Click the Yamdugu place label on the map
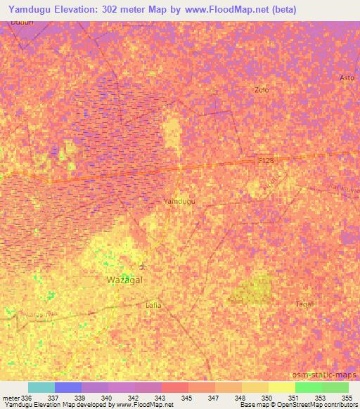tap(179, 202)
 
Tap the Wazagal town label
tap(124, 280)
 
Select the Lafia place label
tap(153, 305)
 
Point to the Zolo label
tap(262, 90)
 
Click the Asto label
tap(347, 77)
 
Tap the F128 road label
tap(266, 161)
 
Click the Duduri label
tap(21, 22)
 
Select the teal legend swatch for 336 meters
tap(41, 387)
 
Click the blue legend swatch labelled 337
tap(67, 387)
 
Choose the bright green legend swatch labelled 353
tap(309, 387)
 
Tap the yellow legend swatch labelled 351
tap(282, 387)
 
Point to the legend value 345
tap(186, 398)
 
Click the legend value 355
tap(347, 398)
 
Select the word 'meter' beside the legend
tap(12, 398)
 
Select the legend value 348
tap(240, 398)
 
